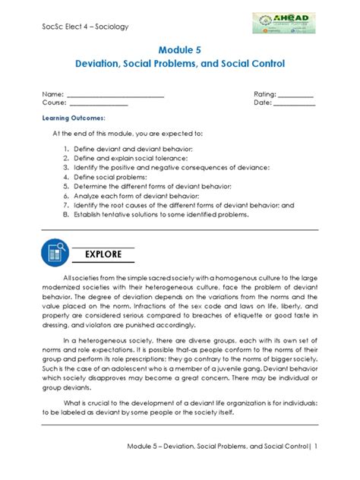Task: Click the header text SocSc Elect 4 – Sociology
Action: (85, 27)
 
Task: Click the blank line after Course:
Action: (99, 103)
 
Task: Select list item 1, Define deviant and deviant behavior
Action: (134, 148)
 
